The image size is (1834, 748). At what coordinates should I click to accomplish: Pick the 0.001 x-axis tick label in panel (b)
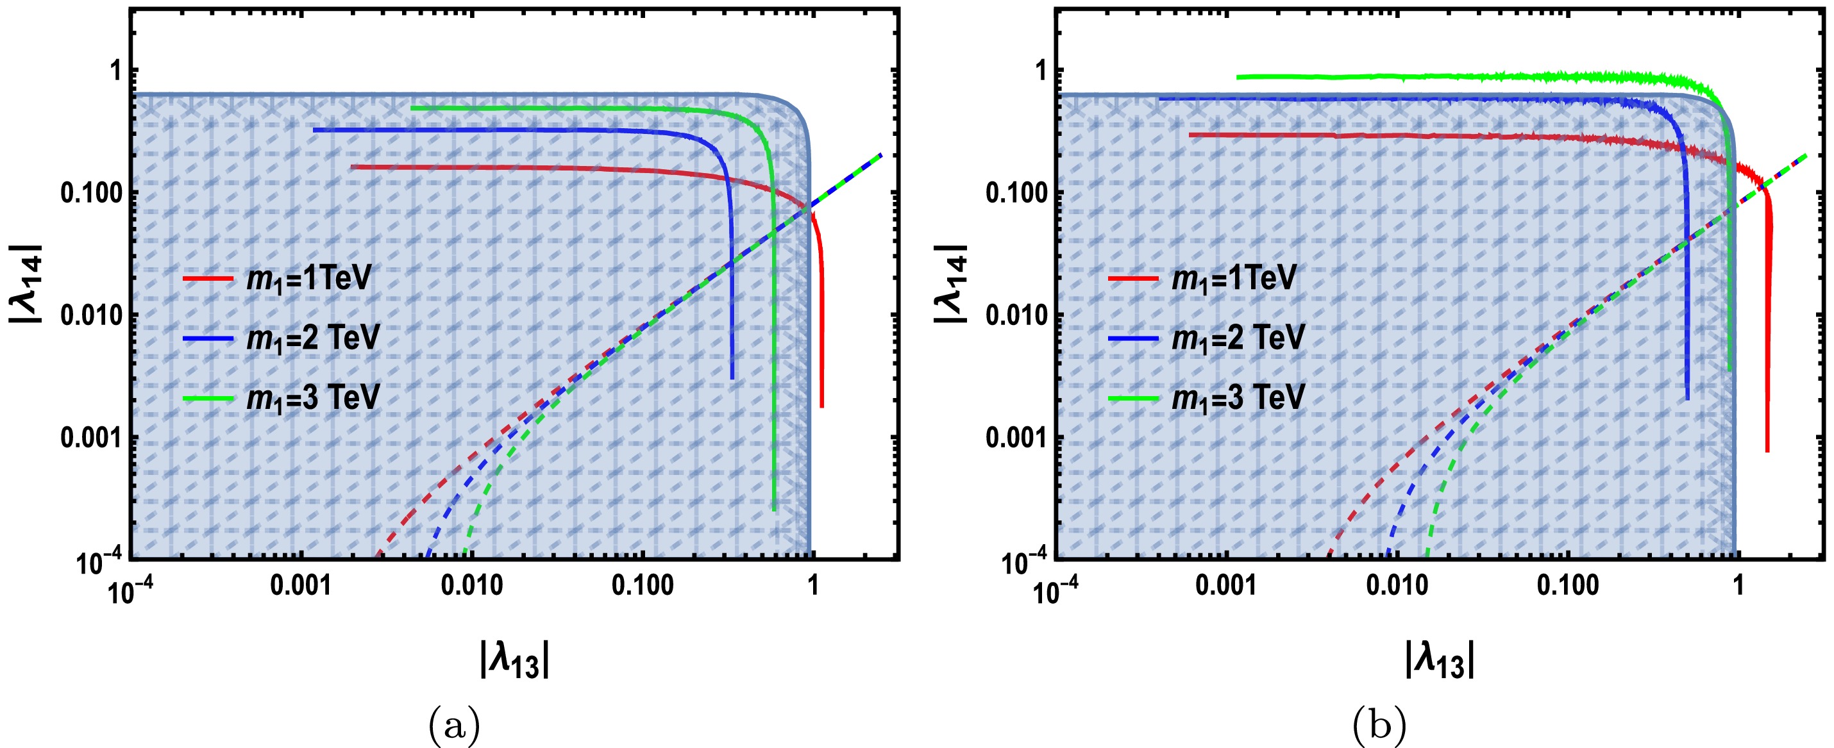pyautogui.click(x=1227, y=586)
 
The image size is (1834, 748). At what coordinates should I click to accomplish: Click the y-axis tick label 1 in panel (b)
pyautogui.click(x=1041, y=71)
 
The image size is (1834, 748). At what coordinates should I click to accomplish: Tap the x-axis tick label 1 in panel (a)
pyautogui.click(x=812, y=586)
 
